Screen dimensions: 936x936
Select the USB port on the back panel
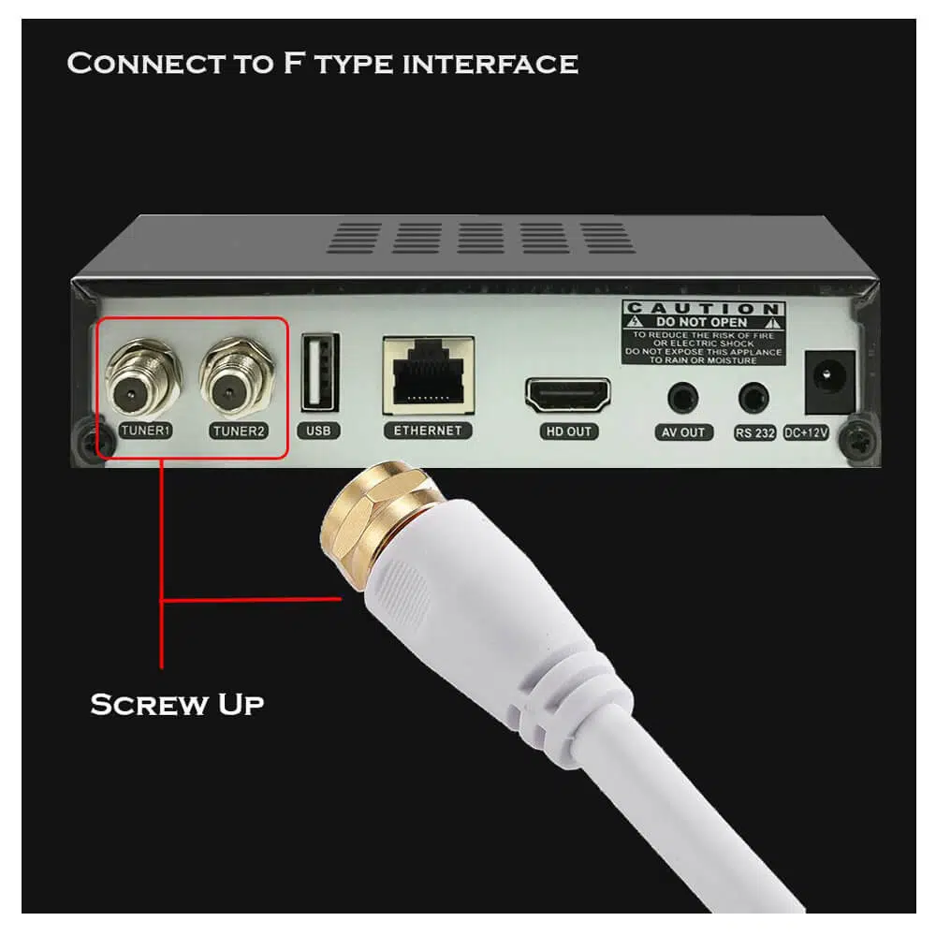pos(320,372)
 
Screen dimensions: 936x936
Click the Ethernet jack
pos(429,375)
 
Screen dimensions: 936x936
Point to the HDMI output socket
pos(568,395)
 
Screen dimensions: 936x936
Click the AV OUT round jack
pos(683,398)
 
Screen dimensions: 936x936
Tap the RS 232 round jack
pos(753,398)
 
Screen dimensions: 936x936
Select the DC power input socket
pos(829,382)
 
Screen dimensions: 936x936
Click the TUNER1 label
pos(146,431)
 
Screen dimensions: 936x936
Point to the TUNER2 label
pos(239,431)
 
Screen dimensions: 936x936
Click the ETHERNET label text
pos(428,431)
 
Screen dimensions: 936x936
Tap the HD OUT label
pos(568,431)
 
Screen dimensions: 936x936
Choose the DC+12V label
pos(806,432)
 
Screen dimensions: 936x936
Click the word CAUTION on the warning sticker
pos(703,308)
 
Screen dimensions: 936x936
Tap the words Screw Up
pos(177,705)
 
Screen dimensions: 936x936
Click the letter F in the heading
pos(293,63)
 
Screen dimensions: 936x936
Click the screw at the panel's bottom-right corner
pos(858,439)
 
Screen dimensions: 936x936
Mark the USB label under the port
pos(319,431)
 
